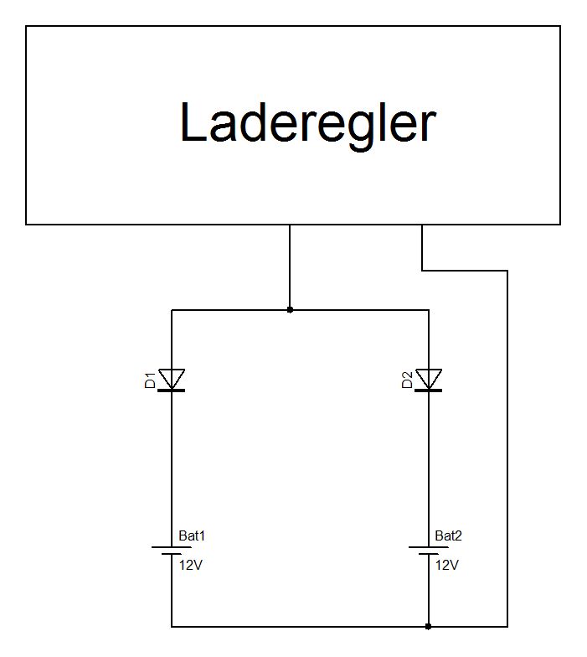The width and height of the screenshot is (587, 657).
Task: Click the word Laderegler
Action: pyautogui.click(x=307, y=124)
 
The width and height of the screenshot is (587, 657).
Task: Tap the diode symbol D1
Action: pyautogui.click(x=172, y=380)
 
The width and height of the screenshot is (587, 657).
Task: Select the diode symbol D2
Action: pyautogui.click(x=429, y=380)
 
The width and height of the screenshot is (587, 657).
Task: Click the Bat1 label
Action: pyautogui.click(x=191, y=535)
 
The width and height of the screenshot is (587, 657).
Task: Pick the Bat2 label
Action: pyautogui.click(x=448, y=535)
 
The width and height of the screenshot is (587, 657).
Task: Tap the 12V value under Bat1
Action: pyautogui.click(x=190, y=565)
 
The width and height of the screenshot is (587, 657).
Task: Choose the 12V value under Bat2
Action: pyautogui.click(x=447, y=565)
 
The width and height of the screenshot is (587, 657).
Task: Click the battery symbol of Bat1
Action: pyautogui.click(x=172, y=551)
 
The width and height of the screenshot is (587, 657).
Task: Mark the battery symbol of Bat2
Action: pyautogui.click(x=429, y=551)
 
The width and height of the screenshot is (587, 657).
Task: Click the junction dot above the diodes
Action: pyautogui.click(x=290, y=310)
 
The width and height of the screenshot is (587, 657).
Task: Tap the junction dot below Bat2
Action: pyautogui.click(x=429, y=626)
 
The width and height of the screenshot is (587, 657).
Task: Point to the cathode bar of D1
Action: pyautogui.click(x=172, y=391)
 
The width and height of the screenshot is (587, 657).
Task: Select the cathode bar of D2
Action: pyautogui.click(x=429, y=391)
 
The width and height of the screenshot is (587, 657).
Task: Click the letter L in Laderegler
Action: pyautogui.click(x=193, y=124)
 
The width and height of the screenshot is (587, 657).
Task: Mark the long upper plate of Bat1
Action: pyautogui.click(x=172, y=547)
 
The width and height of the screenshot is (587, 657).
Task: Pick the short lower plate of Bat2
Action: pyautogui.click(x=429, y=554)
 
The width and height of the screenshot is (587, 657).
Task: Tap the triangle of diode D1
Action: pyautogui.click(x=172, y=378)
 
